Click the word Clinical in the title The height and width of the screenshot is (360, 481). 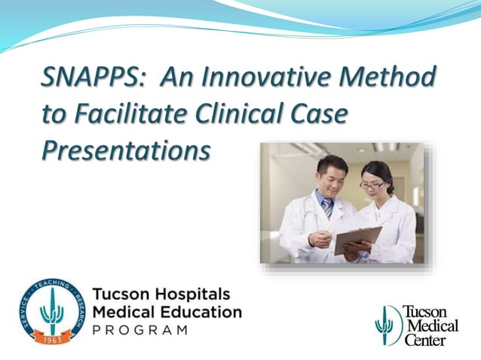pyautogui.click(x=250, y=114)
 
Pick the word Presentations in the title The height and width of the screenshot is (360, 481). pyautogui.click(x=125, y=150)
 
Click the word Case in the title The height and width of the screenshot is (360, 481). pyautogui.click(x=329, y=114)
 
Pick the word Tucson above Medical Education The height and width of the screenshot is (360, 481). pyautogui.click(x=120, y=293)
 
